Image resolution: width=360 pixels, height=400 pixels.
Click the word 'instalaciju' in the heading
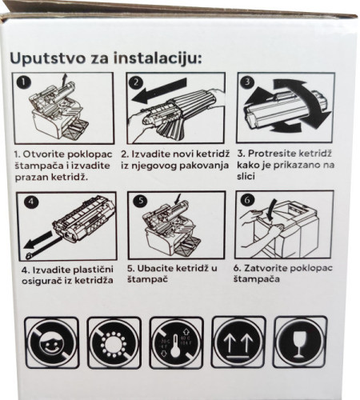(157, 58)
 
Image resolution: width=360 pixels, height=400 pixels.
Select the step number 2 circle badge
(136, 82)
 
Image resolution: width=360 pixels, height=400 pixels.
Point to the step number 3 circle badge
(247, 82)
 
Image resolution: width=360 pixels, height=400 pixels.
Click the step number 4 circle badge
(31, 201)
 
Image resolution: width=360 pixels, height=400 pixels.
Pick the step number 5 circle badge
(141, 201)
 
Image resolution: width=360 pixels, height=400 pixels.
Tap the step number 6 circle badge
(247, 200)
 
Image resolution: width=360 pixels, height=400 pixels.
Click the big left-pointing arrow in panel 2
(159, 91)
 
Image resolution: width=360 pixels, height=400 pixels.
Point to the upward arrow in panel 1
(64, 81)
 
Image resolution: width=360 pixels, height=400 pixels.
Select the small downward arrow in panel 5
(177, 199)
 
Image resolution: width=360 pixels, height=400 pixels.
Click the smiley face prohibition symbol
(52, 342)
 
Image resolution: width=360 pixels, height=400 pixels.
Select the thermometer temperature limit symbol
(176, 342)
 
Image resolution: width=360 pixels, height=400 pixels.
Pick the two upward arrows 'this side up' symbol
(238, 342)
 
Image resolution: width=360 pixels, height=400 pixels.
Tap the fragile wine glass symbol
(300, 342)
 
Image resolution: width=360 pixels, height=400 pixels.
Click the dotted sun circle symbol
(114, 342)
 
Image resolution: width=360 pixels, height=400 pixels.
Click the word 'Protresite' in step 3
(271, 154)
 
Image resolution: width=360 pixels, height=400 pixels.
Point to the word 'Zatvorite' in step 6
(266, 268)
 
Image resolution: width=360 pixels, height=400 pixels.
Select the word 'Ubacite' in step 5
(154, 268)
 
